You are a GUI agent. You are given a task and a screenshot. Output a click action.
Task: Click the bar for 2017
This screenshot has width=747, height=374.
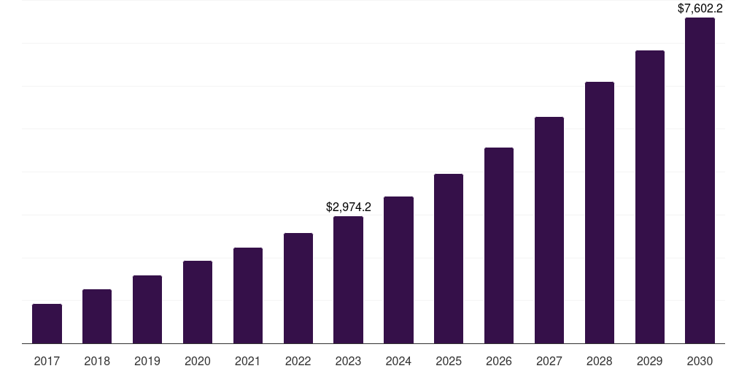[47, 324]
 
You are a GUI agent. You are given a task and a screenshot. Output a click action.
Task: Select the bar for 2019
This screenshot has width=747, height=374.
[147, 309]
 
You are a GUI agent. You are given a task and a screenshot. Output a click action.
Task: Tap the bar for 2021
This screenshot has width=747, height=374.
[248, 295]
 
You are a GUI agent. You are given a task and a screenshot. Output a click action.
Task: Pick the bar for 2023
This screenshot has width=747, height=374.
[348, 280]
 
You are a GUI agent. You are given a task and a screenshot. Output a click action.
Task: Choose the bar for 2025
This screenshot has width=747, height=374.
[449, 259]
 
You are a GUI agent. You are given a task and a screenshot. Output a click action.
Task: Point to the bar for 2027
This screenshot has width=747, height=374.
[549, 230]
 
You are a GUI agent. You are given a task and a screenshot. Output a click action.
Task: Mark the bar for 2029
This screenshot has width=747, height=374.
[650, 196]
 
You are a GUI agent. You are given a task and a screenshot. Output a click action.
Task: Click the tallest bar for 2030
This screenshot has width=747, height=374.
[700, 180]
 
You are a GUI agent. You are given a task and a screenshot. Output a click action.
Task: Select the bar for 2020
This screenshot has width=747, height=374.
[198, 302]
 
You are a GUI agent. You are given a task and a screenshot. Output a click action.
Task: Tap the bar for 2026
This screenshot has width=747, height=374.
[499, 245]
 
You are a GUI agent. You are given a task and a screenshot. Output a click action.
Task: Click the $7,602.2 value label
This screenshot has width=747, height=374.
[700, 9]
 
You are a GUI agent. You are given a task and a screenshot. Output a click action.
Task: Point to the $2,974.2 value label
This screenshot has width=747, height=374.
[348, 207]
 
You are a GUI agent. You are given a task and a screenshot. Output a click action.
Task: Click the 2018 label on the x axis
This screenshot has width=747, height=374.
[97, 361]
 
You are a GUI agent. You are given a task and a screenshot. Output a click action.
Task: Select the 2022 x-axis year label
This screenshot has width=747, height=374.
[298, 361]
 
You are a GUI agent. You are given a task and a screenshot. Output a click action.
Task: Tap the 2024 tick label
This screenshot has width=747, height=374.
[398, 361]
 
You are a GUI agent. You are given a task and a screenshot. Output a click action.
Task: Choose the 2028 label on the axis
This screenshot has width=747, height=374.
[600, 361]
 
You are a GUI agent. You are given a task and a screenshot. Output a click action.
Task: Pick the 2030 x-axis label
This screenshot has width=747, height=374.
[700, 361]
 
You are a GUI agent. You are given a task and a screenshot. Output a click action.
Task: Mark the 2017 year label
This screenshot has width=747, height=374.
[47, 361]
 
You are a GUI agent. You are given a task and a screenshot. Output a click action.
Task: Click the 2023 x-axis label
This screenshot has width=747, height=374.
[348, 361]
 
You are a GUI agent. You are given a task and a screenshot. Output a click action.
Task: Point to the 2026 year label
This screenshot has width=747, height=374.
[499, 361]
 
